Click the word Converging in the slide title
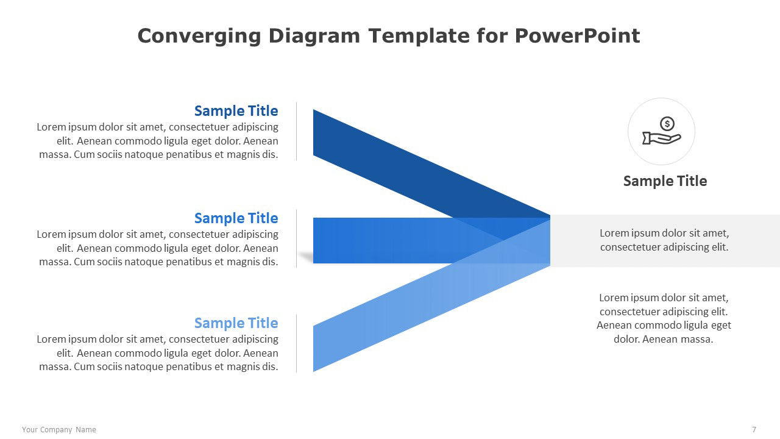(x=199, y=36)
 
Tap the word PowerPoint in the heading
(x=577, y=35)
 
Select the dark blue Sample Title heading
(x=236, y=111)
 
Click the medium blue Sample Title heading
(x=236, y=218)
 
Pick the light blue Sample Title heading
(x=236, y=323)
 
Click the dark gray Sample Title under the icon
(x=665, y=181)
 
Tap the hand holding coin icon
(x=662, y=130)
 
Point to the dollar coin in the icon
(x=667, y=124)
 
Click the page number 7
(x=754, y=430)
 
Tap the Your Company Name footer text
(x=59, y=430)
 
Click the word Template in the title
(x=419, y=36)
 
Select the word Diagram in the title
(x=314, y=36)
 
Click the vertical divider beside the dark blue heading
(x=297, y=131)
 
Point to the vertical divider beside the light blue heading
(x=297, y=343)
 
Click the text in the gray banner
(x=664, y=240)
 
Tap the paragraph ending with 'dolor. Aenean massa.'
(x=664, y=318)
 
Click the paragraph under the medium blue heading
(x=157, y=248)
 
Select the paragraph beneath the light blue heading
(x=157, y=352)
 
